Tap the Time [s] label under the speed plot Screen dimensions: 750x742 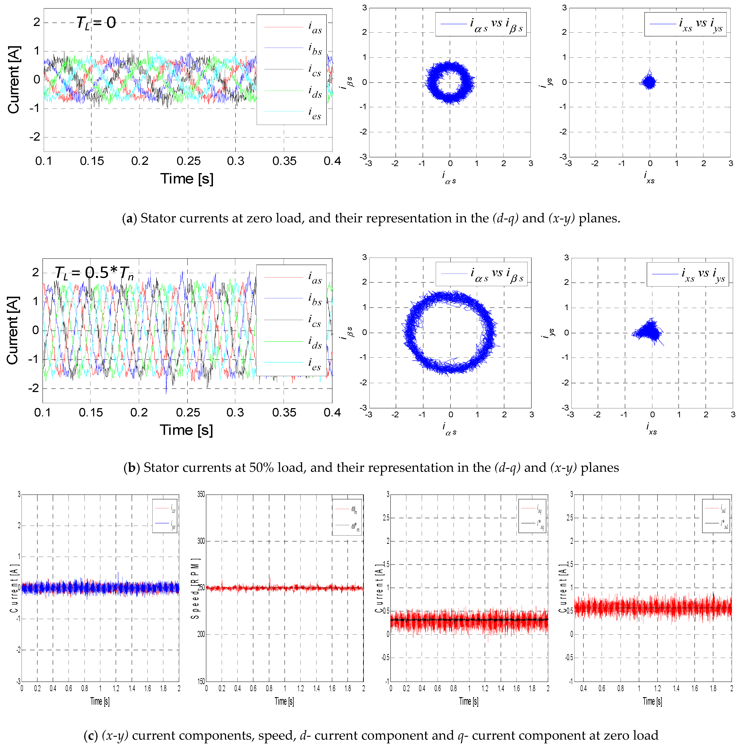coord(284,701)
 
